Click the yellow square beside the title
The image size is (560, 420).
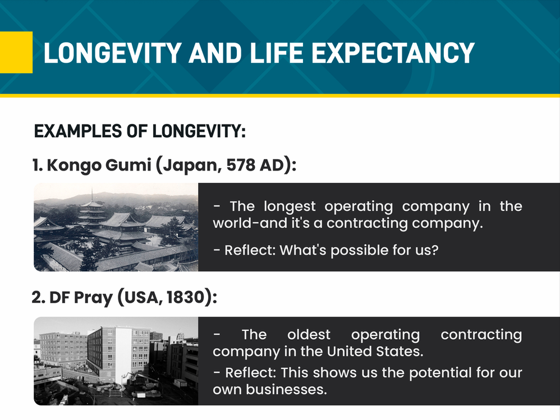(16, 52)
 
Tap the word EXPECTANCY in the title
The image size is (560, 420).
(393, 53)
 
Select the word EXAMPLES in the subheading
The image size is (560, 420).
(78, 131)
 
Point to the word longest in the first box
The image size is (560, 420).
(290, 207)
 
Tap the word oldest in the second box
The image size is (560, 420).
(309, 335)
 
